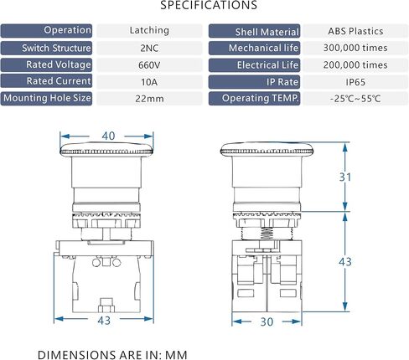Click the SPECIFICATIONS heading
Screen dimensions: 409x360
point(209,5)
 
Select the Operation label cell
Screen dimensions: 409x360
point(46,31)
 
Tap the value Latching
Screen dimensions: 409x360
point(149,30)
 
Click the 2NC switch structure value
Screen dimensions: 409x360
point(149,48)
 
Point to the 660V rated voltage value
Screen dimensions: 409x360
point(149,65)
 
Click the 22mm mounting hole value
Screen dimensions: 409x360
point(149,99)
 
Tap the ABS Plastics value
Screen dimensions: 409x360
point(355,31)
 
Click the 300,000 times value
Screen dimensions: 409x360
point(355,48)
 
